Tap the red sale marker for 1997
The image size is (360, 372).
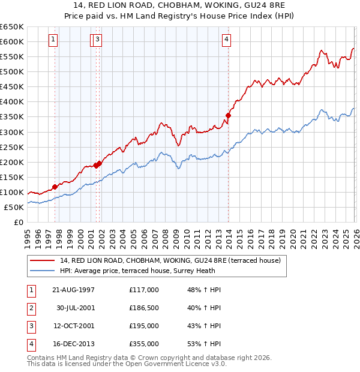[55, 187]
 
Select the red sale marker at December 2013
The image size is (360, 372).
[228, 115]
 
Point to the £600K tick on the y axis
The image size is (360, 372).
[12, 41]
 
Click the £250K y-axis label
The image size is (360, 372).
[12, 147]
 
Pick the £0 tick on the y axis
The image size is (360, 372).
[19, 222]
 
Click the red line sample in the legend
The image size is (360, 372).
[43, 261]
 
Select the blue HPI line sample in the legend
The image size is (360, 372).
[43, 271]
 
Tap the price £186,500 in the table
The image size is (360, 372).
[143, 308]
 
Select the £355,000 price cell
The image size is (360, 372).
[143, 344]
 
